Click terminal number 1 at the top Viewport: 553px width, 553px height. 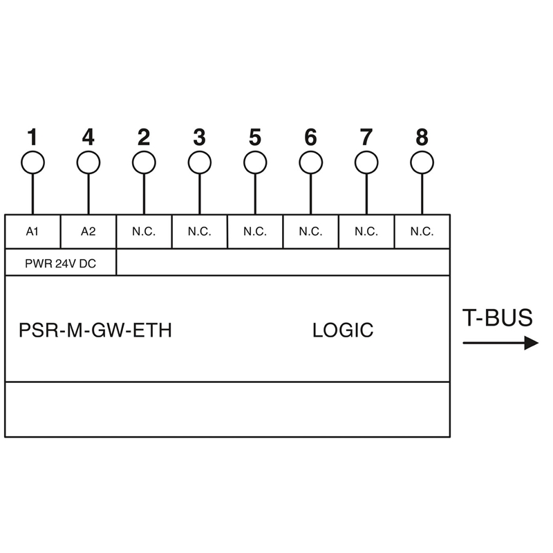pos(32,137)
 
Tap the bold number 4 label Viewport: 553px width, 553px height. pos(88,137)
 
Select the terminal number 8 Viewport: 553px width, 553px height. pos(422,137)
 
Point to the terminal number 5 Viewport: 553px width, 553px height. pos(255,137)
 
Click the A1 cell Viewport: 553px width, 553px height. pos(32,232)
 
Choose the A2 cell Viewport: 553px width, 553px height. pos(88,232)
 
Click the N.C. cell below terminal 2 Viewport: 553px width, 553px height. pos(144,232)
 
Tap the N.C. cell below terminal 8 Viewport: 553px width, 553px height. pos(422,232)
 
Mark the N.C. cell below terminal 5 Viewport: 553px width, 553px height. pos(255,232)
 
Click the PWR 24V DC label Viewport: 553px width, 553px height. pos(60,263)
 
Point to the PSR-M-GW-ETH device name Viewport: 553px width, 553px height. pos(95,330)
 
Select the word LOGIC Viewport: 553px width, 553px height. pos(343,330)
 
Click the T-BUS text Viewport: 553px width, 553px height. pos(497,317)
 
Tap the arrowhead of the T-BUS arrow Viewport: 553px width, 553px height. pos(531,343)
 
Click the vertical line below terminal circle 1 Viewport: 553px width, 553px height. pos(32,194)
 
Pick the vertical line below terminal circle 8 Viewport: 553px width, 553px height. pos(422,194)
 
